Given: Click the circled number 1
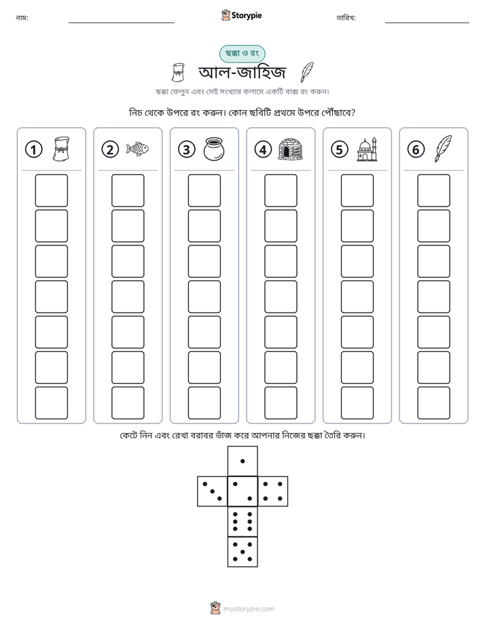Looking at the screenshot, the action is pyautogui.click(x=33, y=150).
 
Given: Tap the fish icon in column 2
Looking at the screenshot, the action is pyautogui.click(x=137, y=149).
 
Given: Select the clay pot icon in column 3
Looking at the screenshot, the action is pyautogui.click(x=214, y=149).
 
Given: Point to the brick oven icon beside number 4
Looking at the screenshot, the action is pyautogui.click(x=290, y=149).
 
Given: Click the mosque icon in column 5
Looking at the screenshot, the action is pyautogui.click(x=367, y=150).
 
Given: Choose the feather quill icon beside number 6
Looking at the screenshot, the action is pyautogui.click(x=443, y=149).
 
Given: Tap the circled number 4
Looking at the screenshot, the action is pyautogui.click(x=263, y=150).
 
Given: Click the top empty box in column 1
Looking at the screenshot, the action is pyautogui.click(x=51, y=190).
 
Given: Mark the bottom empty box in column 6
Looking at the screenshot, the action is pyautogui.click(x=433, y=403).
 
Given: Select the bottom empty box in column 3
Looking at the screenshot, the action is pyautogui.click(x=204, y=403).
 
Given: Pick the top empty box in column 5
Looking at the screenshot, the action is pyautogui.click(x=357, y=190).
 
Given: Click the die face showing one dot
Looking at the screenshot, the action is pyautogui.click(x=242, y=461).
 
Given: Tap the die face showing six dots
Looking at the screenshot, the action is pyautogui.click(x=242, y=521).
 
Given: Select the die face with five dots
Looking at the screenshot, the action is pyautogui.click(x=242, y=552).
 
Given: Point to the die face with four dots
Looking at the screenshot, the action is pyautogui.click(x=273, y=491).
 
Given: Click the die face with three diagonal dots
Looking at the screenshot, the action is pyautogui.click(x=213, y=491).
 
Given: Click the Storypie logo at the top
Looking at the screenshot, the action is pyautogui.click(x=241, y=15).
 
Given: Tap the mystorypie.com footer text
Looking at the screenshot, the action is pyautogui.click(x=249, y=609).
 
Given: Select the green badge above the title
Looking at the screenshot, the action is pyautogui.click(x=242, y=54).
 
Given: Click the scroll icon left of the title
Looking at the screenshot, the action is pyautogui.click(x=178, y=73).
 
